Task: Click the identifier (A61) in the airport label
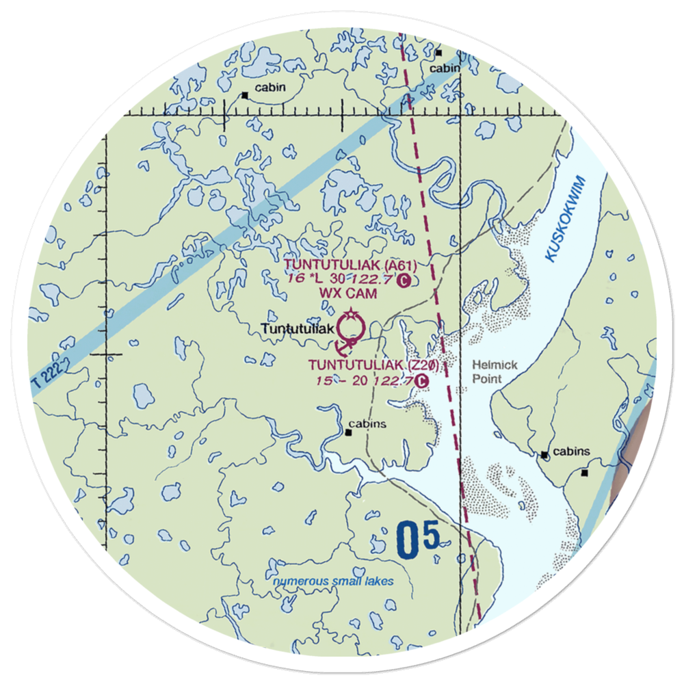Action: click(x=400, y=265)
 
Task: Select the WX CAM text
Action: click(x=340, y=293)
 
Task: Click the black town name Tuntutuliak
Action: click(x=298, y=329)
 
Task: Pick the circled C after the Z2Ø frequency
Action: click(x=423, y=380)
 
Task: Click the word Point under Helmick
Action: click(x=487, y=379)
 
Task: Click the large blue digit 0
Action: click(x=408, y=540)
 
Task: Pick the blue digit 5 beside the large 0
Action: click(x=431, y=535)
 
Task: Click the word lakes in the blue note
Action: click(x=380, y=581)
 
